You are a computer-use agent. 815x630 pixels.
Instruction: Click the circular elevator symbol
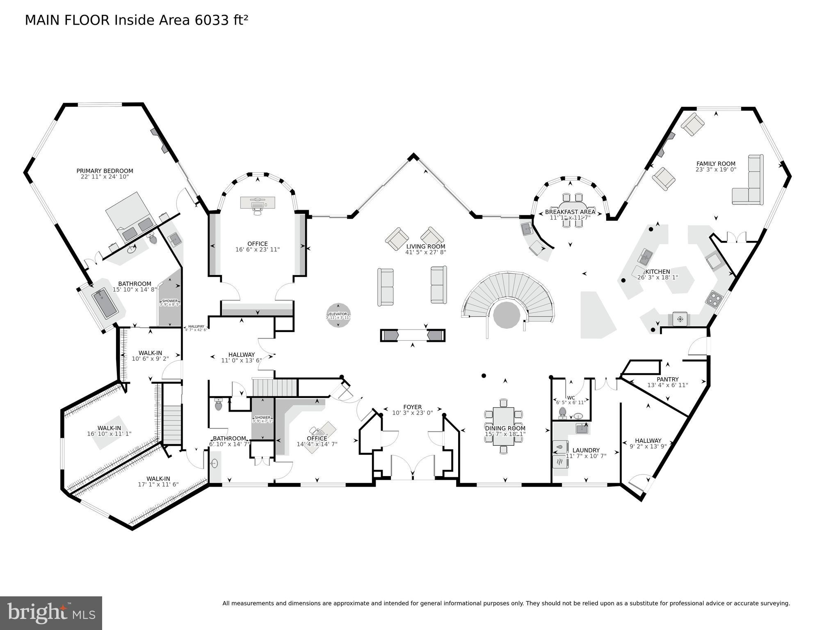point(338,315)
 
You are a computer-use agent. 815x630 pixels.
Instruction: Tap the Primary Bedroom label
point(105,171)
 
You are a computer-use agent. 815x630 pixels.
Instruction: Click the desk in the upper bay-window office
point(257,202)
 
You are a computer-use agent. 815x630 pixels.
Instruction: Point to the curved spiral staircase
point(509,296)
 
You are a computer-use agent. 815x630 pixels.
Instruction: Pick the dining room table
point(503,426)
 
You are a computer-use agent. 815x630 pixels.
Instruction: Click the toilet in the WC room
point(563,412)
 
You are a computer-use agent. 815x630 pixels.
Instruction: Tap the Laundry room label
point(586,450)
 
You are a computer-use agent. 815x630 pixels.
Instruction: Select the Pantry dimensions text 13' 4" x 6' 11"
point(667,385)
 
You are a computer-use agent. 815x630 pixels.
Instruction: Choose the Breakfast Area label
point(570,212)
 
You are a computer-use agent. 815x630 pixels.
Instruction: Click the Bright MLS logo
point(51,613)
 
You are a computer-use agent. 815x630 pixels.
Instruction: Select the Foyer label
point(412,407)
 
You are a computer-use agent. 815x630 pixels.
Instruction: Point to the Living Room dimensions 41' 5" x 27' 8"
point(426,252)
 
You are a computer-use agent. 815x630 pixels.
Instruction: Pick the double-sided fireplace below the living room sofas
point(412,335)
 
